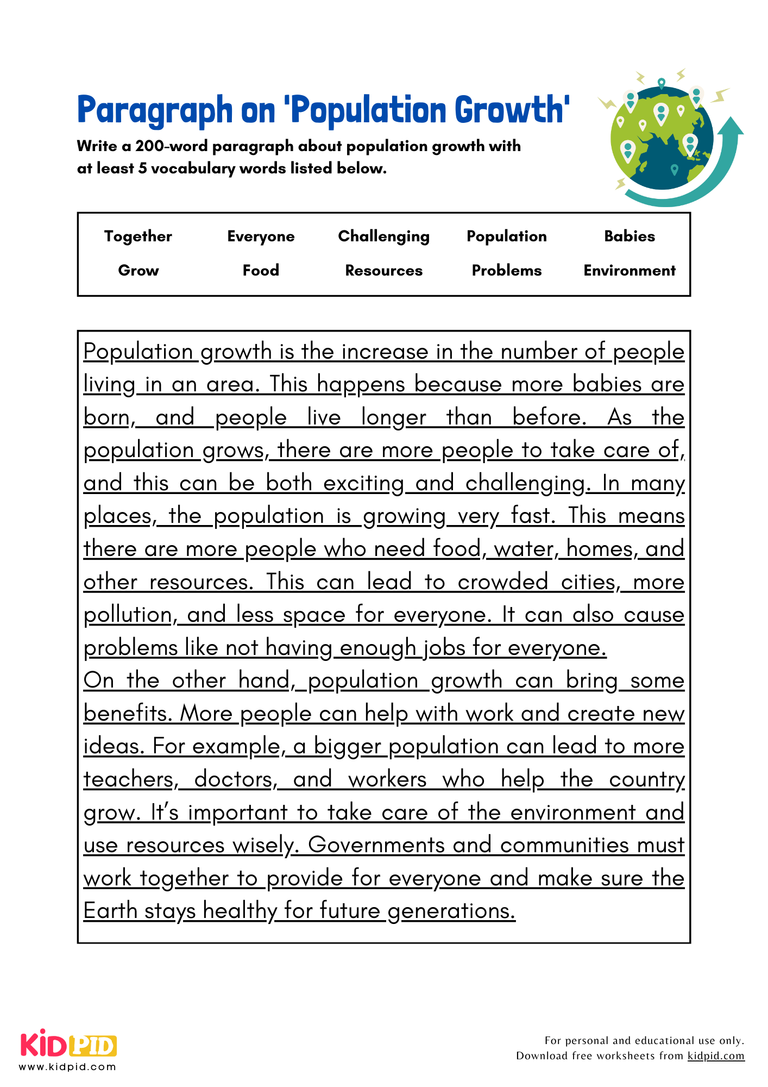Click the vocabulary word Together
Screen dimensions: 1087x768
[138, 236]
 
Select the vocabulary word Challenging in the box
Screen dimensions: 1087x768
[383, 236]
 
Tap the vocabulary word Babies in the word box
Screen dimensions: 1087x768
[629, 236]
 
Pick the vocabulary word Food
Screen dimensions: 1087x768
[261, 271]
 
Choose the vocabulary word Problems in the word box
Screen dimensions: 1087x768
[506, 271]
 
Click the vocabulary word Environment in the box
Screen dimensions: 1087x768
[629, 271]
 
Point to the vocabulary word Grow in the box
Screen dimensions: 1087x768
[138, 271]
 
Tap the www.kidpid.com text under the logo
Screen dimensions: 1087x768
[67, 1067]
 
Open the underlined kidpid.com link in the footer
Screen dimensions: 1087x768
[715, 1056]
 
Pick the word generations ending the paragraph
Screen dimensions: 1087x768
[450, 911]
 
